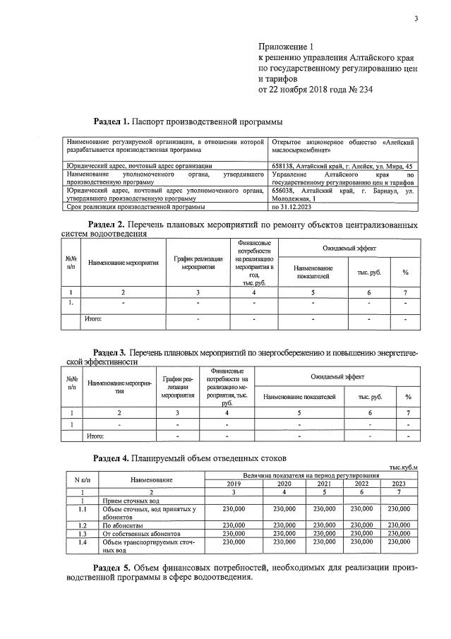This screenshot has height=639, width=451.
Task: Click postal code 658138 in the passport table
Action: [x=285, y=166]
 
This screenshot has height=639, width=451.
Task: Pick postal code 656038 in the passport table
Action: [x=285, y=191]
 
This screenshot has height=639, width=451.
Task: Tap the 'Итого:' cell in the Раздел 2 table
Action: [x=93, y=320]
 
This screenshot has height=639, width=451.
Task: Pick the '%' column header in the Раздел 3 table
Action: [x=408, y=398]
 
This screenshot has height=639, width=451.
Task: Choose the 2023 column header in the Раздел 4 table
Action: [x=399, y=484]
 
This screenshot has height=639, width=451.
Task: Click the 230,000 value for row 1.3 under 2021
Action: [x=323, y=534]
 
